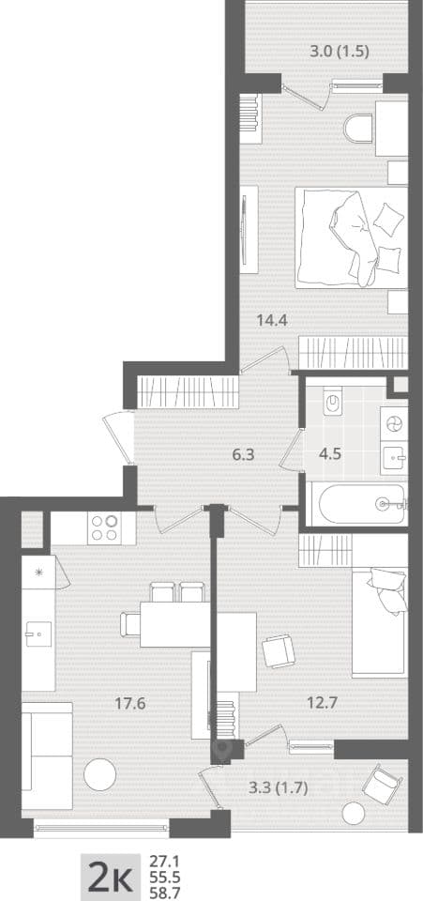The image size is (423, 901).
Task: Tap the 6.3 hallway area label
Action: click(x=242, y=455)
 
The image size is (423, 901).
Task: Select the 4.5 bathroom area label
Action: click(x=330, y=453)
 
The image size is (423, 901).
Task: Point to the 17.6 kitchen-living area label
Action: click(x=129, y=703)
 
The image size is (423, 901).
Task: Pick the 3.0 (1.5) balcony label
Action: click(x=339, y=51)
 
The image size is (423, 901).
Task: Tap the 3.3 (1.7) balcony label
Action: click(x=279, y=788)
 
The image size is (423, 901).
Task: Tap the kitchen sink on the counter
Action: click(x=38, y=634)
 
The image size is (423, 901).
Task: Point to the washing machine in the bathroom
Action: click(x=394, y=424)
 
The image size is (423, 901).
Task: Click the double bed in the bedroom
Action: click(x=352, y=237)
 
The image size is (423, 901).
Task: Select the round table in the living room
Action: click(x=100, y=774)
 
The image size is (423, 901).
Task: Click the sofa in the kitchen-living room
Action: click(x=47, y=755)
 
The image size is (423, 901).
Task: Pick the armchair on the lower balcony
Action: click(x=379, y=781)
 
